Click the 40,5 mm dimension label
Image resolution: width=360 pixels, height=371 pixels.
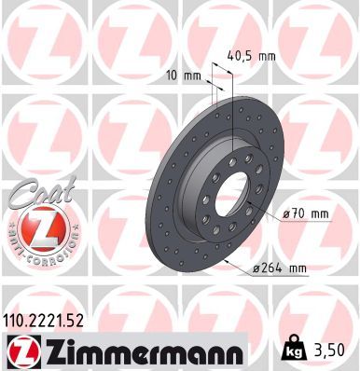[x=251, y=57]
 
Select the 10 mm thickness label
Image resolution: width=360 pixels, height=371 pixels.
[x=184, y=76]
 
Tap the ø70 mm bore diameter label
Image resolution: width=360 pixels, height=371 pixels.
[x=306, y=213]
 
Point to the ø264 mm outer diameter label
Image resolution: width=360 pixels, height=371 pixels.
[x=280, y=268]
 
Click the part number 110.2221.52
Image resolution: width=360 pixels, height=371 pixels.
[x=43, y=321]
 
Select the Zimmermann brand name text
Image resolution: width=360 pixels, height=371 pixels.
[x=145, y=352]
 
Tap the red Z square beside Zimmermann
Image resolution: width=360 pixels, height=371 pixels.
[x=23, y=351]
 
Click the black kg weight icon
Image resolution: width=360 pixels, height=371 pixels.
[x=293, y=350]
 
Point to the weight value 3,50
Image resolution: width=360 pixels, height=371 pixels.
[x=331, y=350]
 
